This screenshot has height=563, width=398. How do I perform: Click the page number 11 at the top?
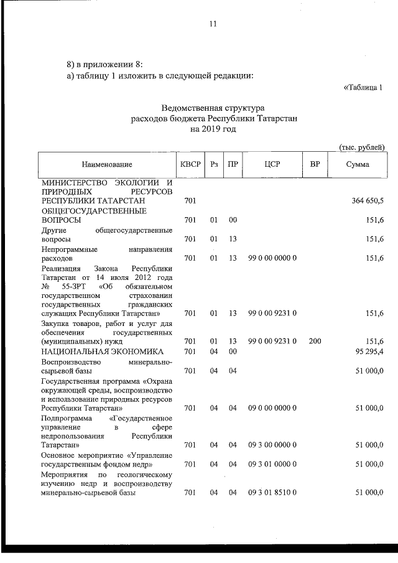213,24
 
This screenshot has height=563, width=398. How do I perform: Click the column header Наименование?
106,164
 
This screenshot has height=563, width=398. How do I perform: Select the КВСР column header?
190,164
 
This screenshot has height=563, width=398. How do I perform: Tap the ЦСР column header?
272,164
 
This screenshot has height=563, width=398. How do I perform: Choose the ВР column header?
315,164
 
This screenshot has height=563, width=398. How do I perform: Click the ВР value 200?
315,342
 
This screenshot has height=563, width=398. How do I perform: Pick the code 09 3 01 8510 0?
272,493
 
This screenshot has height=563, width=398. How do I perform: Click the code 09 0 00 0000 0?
272,407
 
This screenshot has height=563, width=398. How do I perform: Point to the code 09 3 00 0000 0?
272,445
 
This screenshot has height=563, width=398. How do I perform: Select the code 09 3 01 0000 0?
272,464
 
